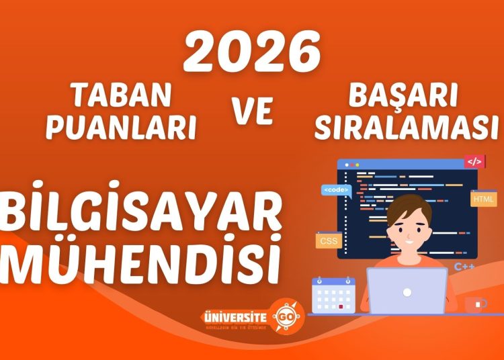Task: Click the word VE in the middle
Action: (253, 112)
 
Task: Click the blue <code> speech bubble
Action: (335, 191)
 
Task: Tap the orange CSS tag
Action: (329, 240)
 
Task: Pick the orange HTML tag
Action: (483, 199)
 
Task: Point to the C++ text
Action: (464, 267)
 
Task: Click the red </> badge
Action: (474, 162)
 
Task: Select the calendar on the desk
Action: (332, 296)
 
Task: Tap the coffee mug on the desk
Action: (475, 304)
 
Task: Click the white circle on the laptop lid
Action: (407, 293)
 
